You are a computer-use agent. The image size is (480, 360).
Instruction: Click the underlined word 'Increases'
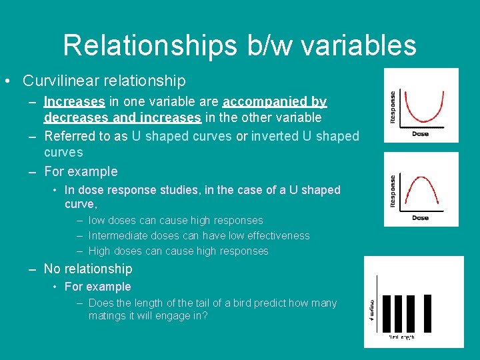click(x=74, y=102)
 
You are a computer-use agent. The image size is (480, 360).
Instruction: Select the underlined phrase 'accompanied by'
click(x=275, y=102)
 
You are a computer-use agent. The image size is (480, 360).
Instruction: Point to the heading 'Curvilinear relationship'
click(x=104, y=81)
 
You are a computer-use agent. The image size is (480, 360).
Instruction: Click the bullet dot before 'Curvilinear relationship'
click(x=6, y=81)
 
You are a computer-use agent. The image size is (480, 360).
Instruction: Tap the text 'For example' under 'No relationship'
click(x=97, y=287)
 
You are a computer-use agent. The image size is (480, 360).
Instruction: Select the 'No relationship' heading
click(x=88, y=269)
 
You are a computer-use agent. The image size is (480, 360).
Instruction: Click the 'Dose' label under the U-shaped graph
click(x=421, y=134)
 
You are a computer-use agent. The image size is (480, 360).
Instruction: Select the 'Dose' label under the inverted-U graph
click(x=421, y=217)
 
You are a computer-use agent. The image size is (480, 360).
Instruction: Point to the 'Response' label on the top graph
click(x=393, y=107)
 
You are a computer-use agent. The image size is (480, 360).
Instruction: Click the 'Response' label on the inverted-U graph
click(x=393, y=190)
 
